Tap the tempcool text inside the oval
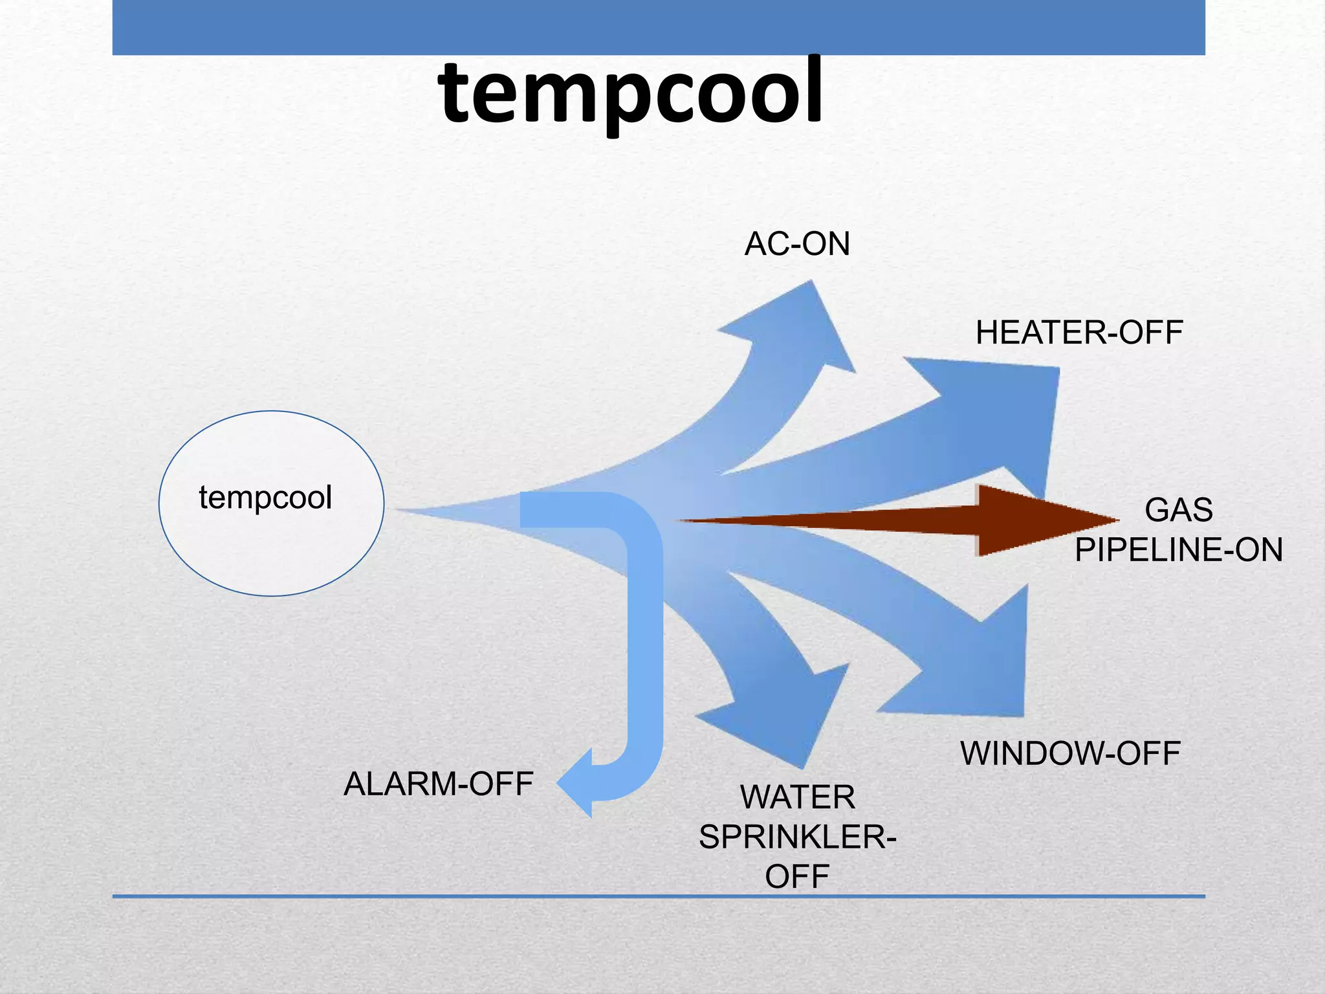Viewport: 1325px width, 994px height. pyautogui.click(x=265, y=498)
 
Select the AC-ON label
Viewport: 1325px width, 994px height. pyautogui.click(x=797, y=244)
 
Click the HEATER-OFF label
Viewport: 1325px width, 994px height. pyautogui.click(x=1079, y=333)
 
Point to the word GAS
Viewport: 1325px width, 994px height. pyautogui.click(x=1178, y=510)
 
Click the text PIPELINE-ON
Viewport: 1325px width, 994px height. pyautogui.click(x=1178, y=550)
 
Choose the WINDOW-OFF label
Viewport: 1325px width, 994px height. pyautogui.click(x=1071, y=753)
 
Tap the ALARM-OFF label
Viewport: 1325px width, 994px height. pyautogui.click(x=438, y=784)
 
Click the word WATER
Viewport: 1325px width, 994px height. pyautogui.click(x=798, y=797)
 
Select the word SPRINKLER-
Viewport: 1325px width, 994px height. pyautogui.click(x=798, y=837)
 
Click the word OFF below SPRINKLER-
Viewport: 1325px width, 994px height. pyautogui.click(x=798, y=877)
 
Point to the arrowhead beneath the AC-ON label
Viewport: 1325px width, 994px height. pyautogui.click(x=802, y=324)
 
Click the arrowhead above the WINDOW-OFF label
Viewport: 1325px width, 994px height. pyautogui.click(x=983, y=667)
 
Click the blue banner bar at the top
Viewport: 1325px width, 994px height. pyautogui.click(x=659, y=27)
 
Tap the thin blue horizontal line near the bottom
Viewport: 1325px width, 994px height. pyautogui.click(x=659, y=896)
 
